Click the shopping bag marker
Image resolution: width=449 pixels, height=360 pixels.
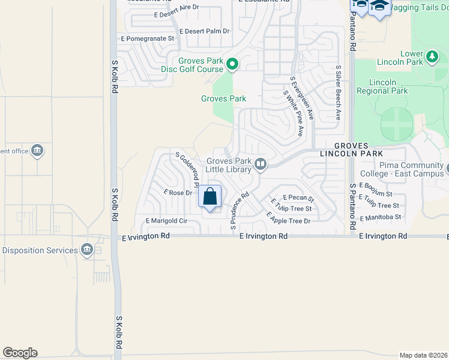coord(210,197)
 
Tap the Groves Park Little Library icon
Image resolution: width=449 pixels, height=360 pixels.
coord(261,164)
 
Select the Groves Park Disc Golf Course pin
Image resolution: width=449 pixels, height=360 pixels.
coord(232,63)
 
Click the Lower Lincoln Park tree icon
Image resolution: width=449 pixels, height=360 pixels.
coord(432,58)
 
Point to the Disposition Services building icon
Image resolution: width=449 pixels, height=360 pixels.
coord(88,250)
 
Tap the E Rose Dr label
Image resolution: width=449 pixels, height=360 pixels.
coord(178,193)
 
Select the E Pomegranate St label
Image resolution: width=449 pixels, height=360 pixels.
coord(147,38)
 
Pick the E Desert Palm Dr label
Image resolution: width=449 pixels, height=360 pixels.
coord(205,31)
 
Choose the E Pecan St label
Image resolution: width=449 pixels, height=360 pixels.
coord(298,197)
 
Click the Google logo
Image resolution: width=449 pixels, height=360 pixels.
coord(20,353)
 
